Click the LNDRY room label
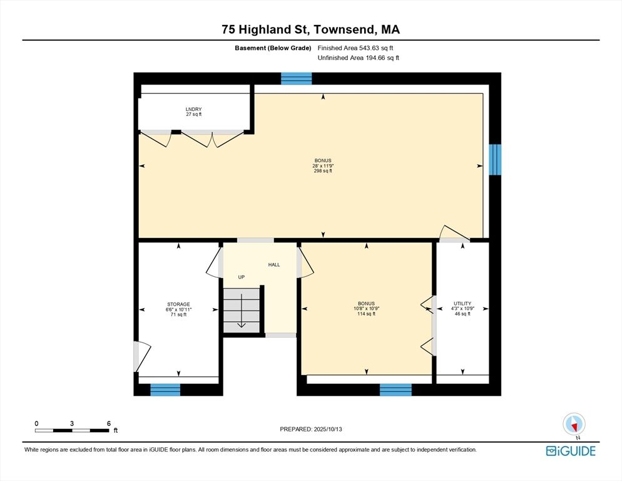click(x=193, y=109)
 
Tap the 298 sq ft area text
click(x=323, y=171)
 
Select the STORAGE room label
click(x=178, y=304)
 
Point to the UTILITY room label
click(x=462, y=304)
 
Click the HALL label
click(x=274, y=264)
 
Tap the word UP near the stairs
click(x=241, y=277)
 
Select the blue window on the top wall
click(x=297, y=78)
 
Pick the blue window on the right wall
click(x=495, y=160)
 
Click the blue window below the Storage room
click(x=165, y=390)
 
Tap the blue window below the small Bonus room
click(x=395, y=390)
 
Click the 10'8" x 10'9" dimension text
click(x=366, y=309)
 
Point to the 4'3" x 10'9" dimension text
click(x=462, y=309)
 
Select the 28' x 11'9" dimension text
click(x=323, y=165)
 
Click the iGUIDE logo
click(x=571, y=451)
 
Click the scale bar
click(x=72, y=430)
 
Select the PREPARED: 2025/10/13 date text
click(x=311, y=429)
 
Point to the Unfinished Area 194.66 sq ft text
click(x=358, y=58)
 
